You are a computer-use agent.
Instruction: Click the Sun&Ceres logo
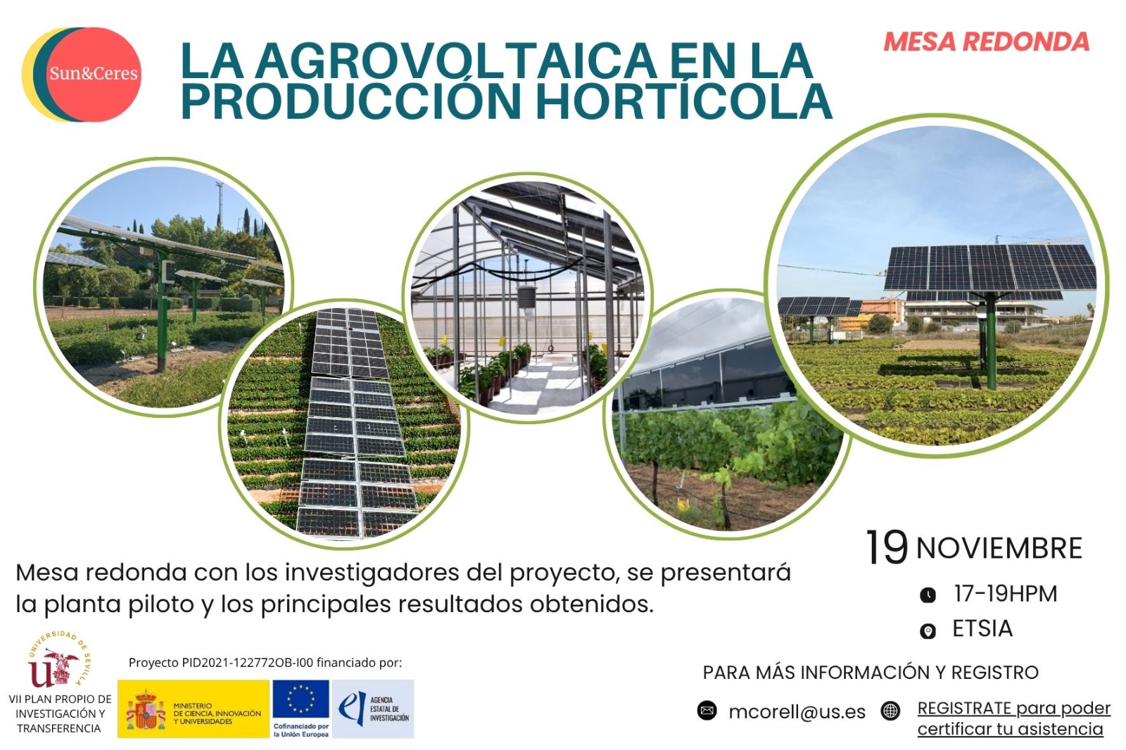[x=82, y=75]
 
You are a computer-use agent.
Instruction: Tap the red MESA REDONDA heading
[x=986, y=42]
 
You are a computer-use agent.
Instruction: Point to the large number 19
[x=887, y=547]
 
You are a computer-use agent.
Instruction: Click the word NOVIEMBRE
[x=999, y=548]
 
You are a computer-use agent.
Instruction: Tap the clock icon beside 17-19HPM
[x=928, y=595]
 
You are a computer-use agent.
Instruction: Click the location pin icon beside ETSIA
[x=928, y=630]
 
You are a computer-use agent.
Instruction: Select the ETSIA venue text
[x=982, y=629]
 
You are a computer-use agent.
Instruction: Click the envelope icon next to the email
[x=707, y=711]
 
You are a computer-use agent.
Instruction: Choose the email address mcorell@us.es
[x=797, y=712]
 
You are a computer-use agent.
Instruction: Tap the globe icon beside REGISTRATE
[x=890, y=711]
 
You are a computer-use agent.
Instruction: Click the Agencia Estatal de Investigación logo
[x=373, y=708]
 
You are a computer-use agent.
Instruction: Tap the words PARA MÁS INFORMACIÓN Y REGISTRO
[x=871, y=673]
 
